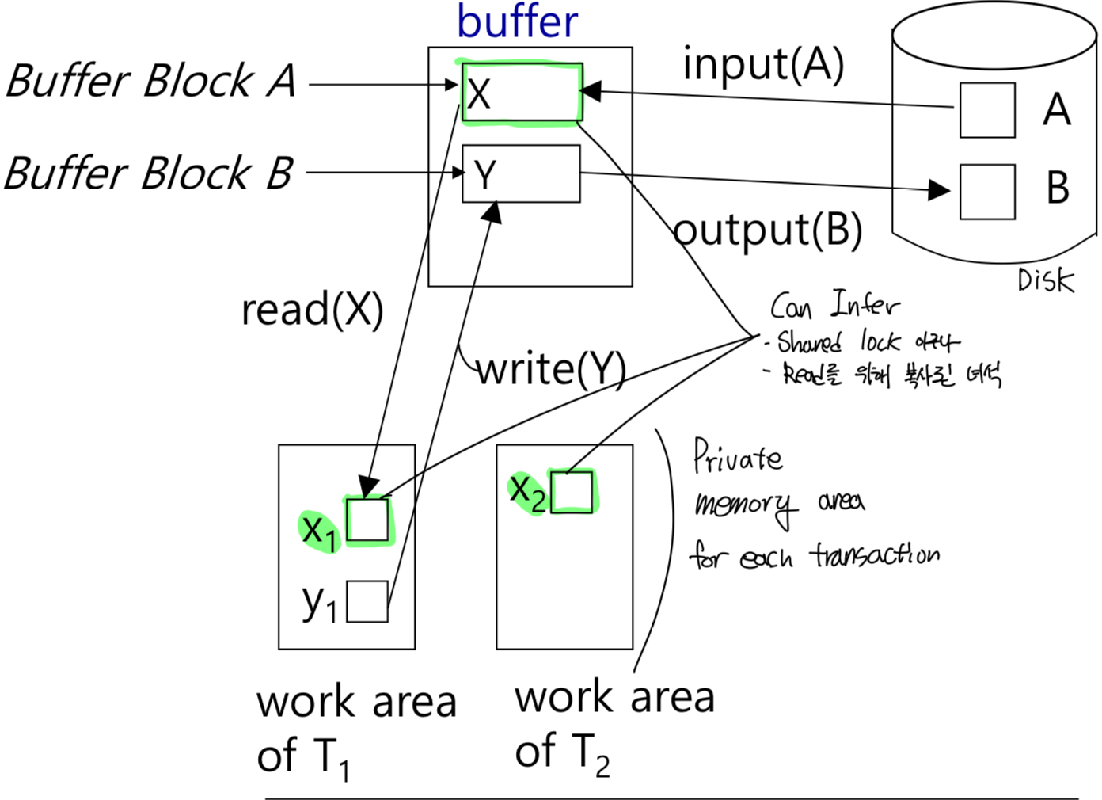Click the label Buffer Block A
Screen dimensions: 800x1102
[150, 82]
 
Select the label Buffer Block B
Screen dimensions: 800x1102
[149, 173]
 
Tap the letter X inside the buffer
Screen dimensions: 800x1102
[479, 94]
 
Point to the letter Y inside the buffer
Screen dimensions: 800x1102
[484, 175]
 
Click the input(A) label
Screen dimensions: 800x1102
[763, 65]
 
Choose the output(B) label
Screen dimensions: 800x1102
[767, 230]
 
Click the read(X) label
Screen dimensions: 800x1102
[312, 309]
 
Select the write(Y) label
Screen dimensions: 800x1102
[551, 369]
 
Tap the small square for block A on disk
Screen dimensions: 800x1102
[987, 110]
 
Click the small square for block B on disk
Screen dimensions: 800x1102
[987, 192]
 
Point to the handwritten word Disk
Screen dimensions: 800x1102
[1045, 280]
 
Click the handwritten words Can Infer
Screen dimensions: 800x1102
[834, 306]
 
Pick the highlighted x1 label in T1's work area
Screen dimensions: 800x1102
[320, 530]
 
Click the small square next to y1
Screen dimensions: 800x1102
[367, 601]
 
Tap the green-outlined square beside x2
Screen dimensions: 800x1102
[572, 492]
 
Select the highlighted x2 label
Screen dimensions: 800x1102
[527, 492]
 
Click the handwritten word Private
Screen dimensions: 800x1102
[737, 457]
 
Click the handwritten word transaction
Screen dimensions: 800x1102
[874, 554]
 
